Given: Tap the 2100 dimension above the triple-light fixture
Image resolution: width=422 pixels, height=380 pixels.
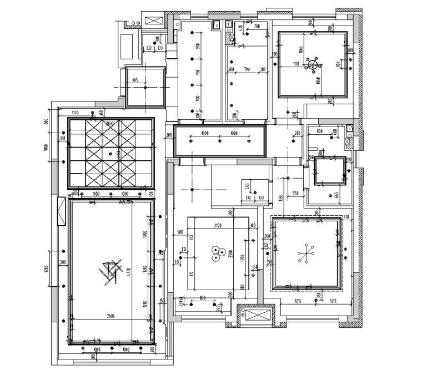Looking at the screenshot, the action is [217, 226].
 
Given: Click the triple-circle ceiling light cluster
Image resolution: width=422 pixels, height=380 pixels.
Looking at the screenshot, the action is [217, 254].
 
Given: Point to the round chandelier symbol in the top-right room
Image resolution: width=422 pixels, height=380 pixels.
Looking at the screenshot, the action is [315, 65].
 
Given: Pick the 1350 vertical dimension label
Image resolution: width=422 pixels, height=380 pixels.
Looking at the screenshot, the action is [281, 197].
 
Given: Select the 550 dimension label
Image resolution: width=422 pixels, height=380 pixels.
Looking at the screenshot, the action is [296, 193].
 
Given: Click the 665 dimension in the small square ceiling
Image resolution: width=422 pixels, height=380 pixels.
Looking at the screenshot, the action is [135, 80].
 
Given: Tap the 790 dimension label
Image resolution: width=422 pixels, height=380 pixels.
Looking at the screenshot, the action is [247, 69].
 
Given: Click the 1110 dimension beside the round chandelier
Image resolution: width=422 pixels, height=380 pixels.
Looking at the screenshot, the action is [296, 64].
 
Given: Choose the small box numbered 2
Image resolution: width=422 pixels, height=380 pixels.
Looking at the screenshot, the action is [216, 24].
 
